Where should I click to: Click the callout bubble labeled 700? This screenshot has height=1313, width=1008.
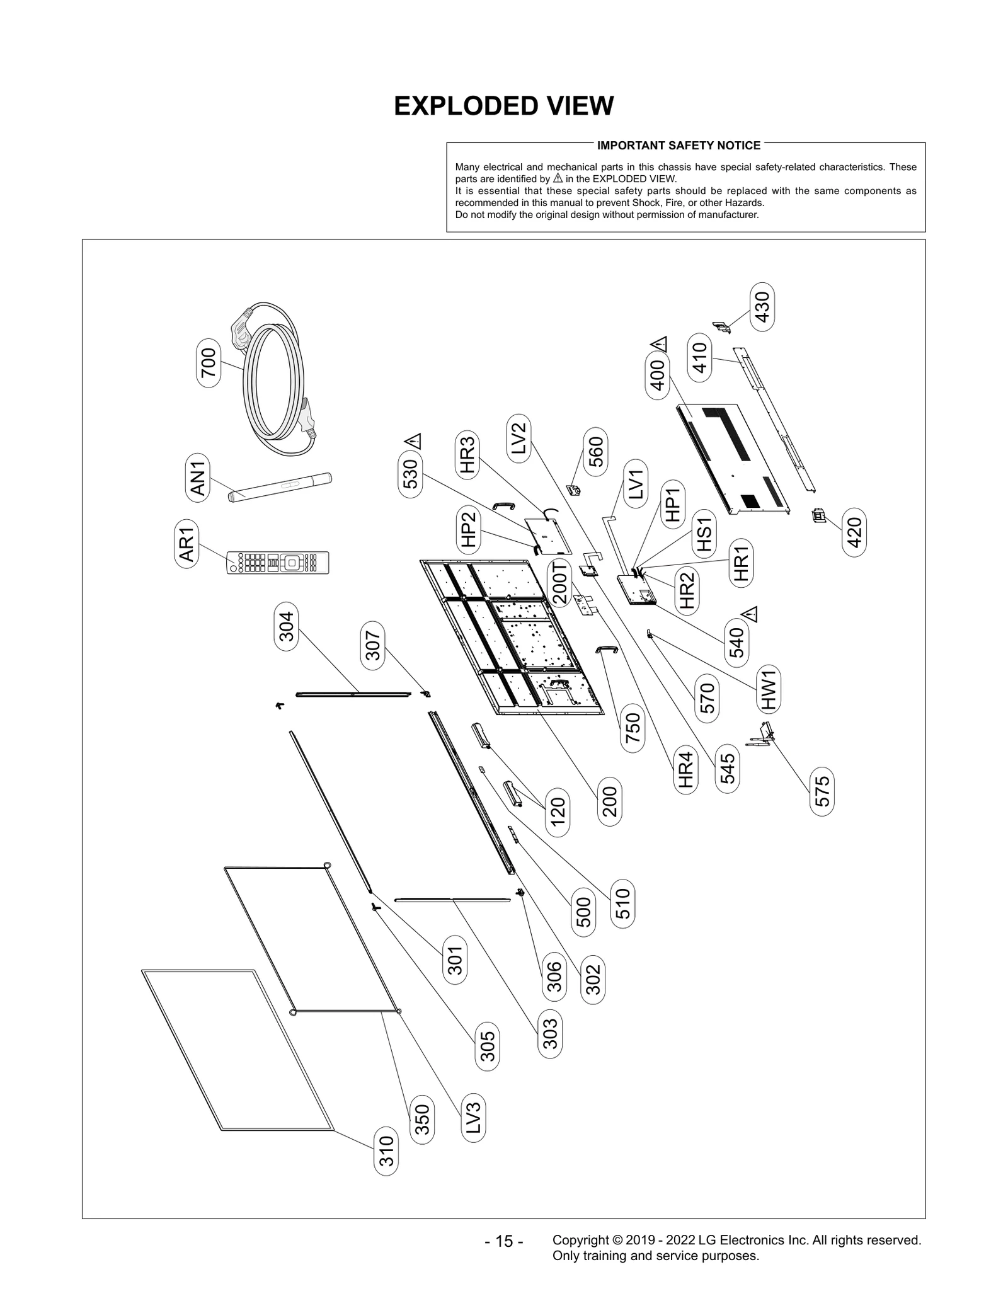(209, 363)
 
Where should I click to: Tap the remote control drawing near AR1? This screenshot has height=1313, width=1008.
(278, 562)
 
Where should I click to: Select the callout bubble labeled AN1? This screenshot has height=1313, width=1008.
(199, 479)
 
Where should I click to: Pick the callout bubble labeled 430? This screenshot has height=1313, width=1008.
(762, 307)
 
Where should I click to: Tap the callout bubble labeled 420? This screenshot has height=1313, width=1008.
(854, 533)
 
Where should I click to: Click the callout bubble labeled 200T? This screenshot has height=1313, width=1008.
(560, 583)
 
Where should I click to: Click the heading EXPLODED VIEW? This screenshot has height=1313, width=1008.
(503, 106)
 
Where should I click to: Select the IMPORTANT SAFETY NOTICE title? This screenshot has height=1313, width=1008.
(679, 146)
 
